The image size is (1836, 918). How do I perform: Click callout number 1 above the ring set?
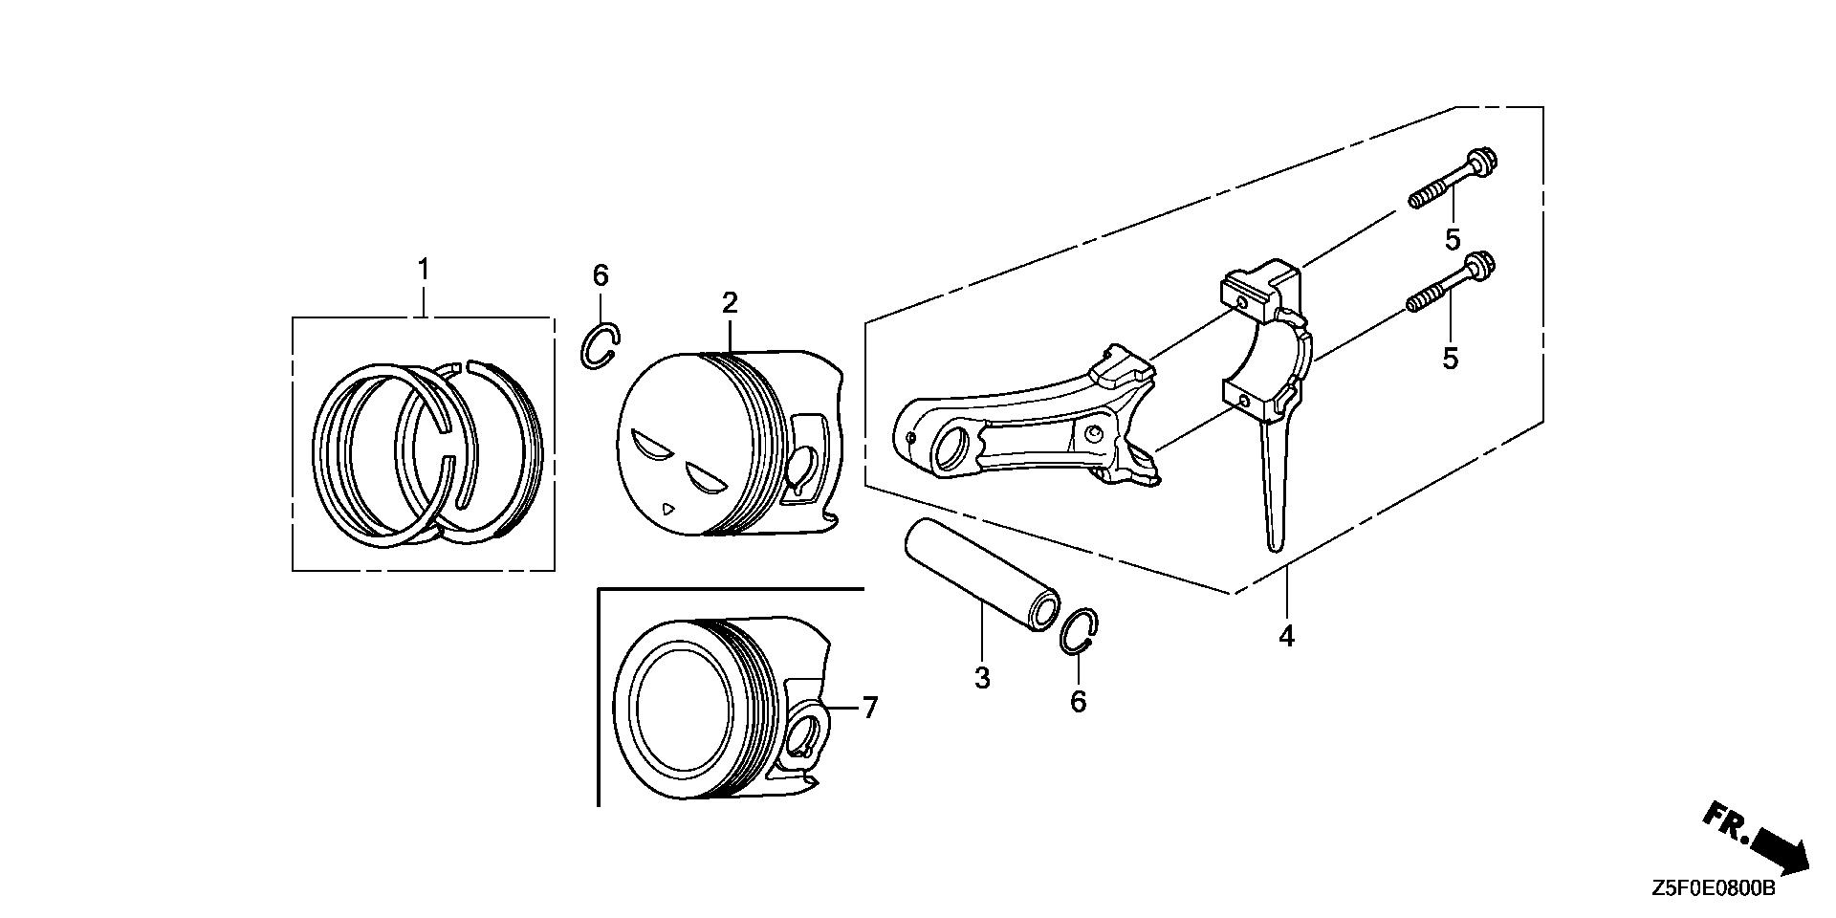(x=424, y=271)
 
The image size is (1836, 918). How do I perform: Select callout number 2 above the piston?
(x=730, y=304)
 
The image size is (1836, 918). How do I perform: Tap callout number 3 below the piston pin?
(x=982, y=678)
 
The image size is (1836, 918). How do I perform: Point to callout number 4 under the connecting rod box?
(x=1287, y=635)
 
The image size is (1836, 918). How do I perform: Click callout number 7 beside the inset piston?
(x=869, y=708)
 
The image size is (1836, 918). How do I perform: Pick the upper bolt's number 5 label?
(x=1453, y=239)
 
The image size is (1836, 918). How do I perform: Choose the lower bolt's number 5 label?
(x=1451, y=359)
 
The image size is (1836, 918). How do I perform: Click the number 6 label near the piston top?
(x=601, y=276)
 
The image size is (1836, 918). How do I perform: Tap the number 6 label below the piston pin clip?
(x=1078, y=702)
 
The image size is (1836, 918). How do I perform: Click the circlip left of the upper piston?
(x=601, y=346)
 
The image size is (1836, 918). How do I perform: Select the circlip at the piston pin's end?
(x=1081, y=632)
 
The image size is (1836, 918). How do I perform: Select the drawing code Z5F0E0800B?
(x=1713, y=889)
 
